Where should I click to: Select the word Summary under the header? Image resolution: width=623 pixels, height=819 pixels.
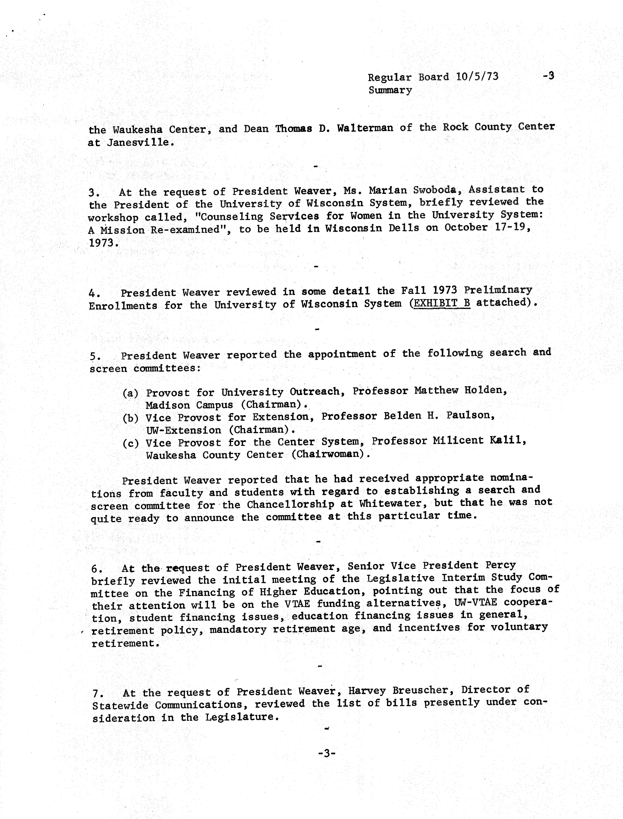pyautogui.click(x=390, y=90)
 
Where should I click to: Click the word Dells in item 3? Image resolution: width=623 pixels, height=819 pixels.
pyautogui.click(x=404, y=228)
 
